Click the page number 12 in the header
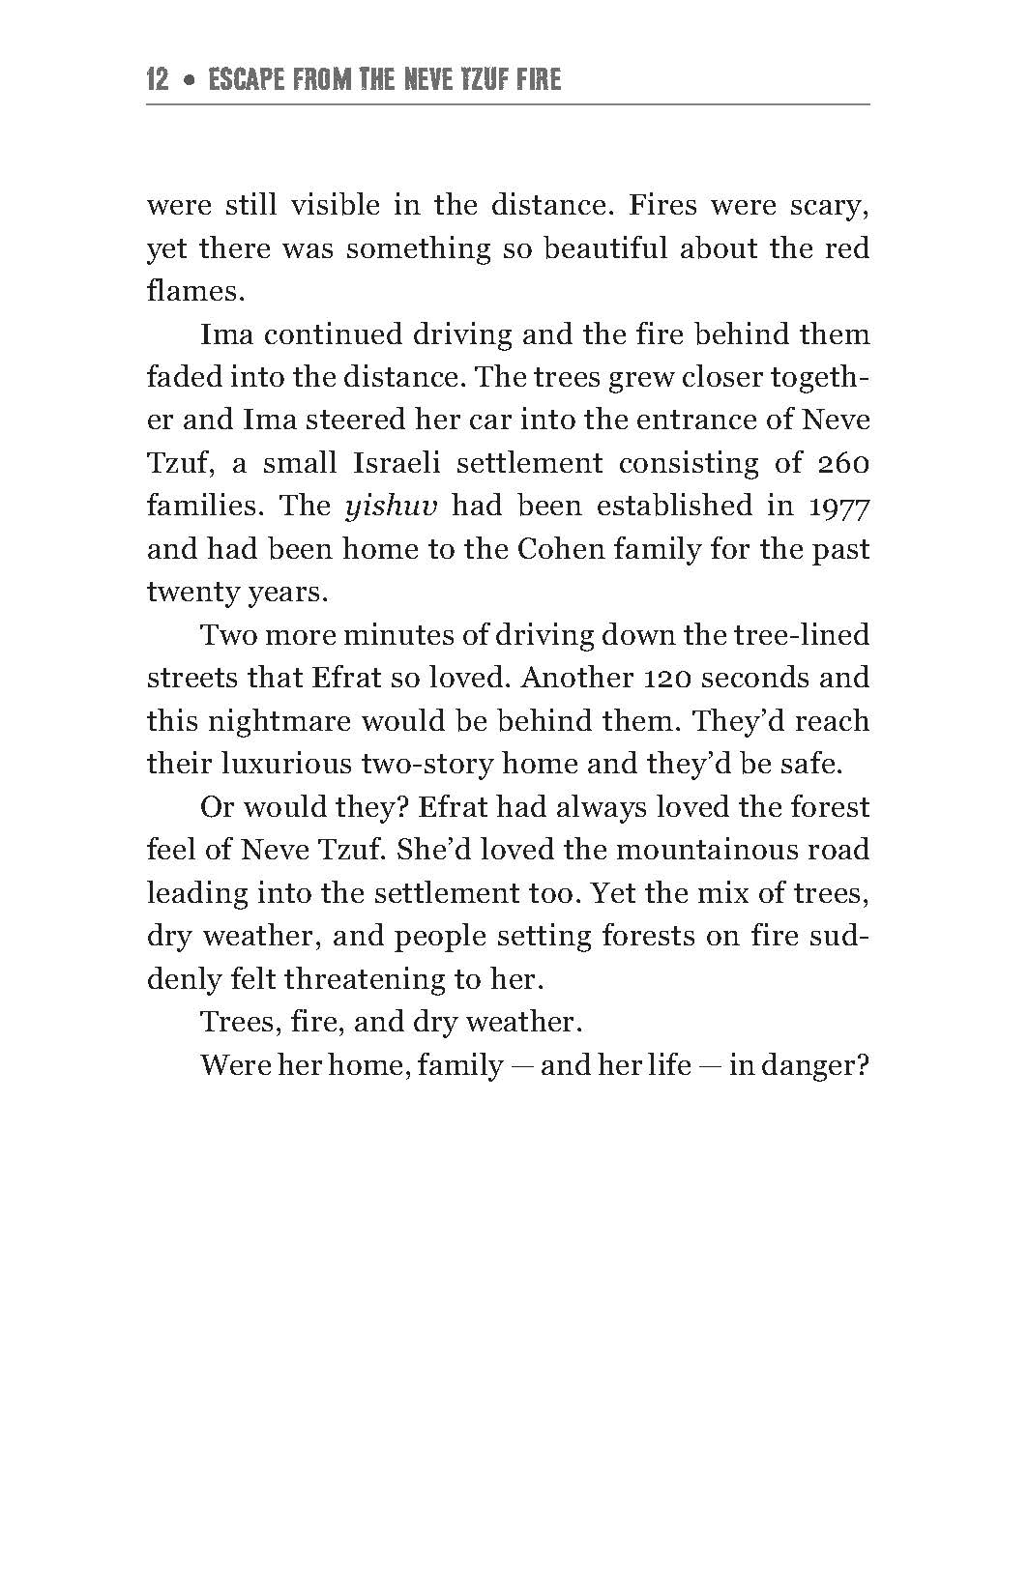pos(158,78)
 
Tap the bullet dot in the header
pos(190,80)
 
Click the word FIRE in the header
pos(539,78)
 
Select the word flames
pos(189,291)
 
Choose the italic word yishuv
pos(386,507)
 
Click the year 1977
pos(838,507)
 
